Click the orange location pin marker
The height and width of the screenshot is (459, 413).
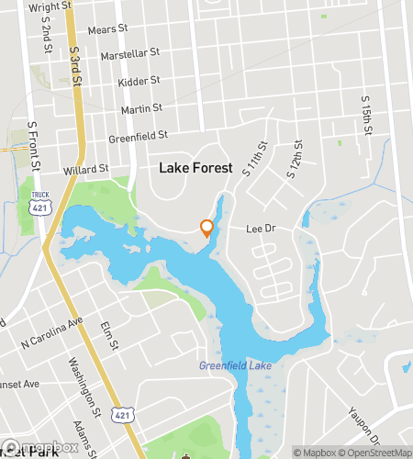pos(206,228)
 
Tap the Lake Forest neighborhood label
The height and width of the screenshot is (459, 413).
pos(195,168)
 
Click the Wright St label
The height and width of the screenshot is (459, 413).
pos(51,6)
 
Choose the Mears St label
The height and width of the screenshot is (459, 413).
pos(106,29)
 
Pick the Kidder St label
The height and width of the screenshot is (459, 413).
pos(140,83)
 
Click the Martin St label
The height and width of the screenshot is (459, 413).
pos(141,109)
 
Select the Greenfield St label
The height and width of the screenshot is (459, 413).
pos(139,136)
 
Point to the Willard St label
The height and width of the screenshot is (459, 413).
pos(86,170)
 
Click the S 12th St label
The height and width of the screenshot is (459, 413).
pos(297,157)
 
